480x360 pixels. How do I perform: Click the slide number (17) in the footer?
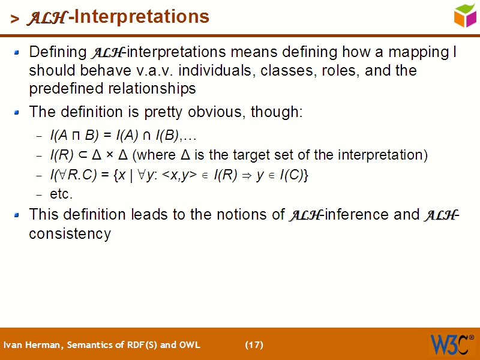(x=254, y=344)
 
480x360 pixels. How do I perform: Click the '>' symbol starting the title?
(x=14, y=18)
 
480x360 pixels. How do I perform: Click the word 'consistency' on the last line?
(x=70, y=233)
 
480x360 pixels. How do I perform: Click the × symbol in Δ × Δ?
(x=110, y=155)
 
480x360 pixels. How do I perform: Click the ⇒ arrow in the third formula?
(x=245, y=175)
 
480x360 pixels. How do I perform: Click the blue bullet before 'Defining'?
(x=17, y=53)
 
